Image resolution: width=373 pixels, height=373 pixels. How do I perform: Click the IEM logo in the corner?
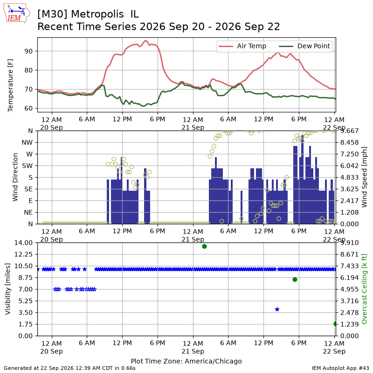[17, 13]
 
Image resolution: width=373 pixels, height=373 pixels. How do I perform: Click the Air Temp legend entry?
[242, 46]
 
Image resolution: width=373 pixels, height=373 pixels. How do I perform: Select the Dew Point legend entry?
[304, 46]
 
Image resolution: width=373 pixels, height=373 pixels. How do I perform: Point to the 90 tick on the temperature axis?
[28, 51]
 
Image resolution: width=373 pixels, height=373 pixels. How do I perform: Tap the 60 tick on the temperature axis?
[28, 109]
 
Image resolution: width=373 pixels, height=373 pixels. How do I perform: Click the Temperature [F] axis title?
[10, 85]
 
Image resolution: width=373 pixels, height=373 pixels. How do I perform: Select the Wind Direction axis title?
[15, 177]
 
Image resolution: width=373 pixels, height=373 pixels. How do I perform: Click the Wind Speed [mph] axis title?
[364, 177]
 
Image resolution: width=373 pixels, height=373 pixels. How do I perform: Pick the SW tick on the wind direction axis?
[28, 166]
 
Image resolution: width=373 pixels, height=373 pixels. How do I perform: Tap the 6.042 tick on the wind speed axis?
[349, 166]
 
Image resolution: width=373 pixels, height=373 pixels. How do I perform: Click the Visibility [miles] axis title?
[7, 289]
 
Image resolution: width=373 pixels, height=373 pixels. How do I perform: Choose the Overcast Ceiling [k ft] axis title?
[364, 289]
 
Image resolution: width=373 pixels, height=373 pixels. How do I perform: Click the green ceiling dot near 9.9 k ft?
[204, 247]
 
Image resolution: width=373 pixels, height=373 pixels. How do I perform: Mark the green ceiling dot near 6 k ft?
[295, 279]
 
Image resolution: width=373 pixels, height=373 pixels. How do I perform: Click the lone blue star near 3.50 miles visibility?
[277, 309]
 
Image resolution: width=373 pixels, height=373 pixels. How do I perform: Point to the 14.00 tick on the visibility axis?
[23, 243]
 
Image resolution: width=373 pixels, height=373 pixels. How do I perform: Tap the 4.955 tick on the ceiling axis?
[349, 289]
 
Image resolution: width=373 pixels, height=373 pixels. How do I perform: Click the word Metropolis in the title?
[97, 14]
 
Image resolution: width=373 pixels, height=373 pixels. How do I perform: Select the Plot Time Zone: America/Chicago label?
[186, 361]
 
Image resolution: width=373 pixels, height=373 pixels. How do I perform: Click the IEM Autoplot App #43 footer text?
[340, 368]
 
